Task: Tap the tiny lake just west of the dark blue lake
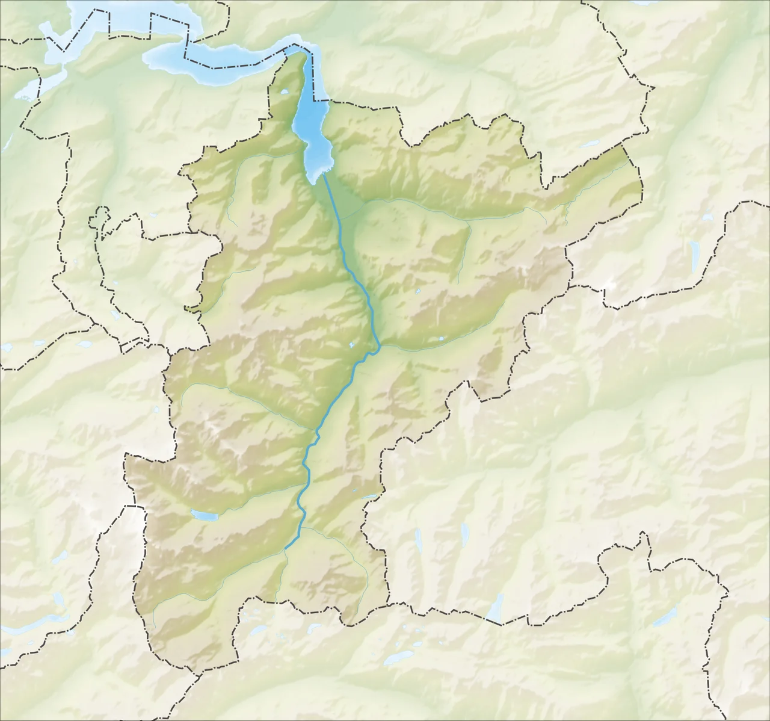coord(283,93)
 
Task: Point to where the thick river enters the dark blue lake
coord(323,175)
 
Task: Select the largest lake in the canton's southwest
coord(203,515)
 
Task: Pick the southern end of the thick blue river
coord(286,548)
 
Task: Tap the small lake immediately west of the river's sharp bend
coord(351,345)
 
